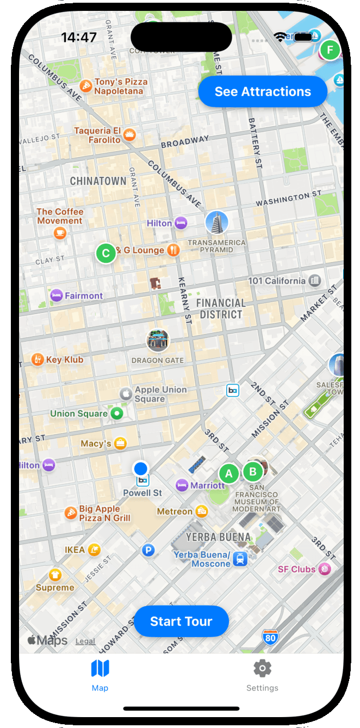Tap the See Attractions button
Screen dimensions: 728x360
point(263,91)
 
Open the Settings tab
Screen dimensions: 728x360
point(262,675)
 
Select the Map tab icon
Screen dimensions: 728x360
point(100,669)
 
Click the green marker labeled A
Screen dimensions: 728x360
point(229,474)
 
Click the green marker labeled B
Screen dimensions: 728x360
point(253,472)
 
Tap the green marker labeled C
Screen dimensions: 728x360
point(106,253)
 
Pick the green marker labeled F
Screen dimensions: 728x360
point(330,51)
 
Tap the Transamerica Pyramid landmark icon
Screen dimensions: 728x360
point(216,223)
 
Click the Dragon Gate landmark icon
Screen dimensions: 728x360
point(158,341)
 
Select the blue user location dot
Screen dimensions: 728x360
point(141,468)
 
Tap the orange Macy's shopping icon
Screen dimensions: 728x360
point(120,444)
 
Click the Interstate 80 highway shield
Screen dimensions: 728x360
point(270,637)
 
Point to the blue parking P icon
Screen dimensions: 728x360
point(148,551)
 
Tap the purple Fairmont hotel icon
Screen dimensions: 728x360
point(56,295)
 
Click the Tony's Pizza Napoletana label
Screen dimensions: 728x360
point(120,87)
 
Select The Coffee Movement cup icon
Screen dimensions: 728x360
point(60,233)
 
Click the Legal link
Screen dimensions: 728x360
point(85,641)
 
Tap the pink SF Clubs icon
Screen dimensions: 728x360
point(325,569)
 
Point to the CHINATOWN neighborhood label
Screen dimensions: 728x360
point(98,181)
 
